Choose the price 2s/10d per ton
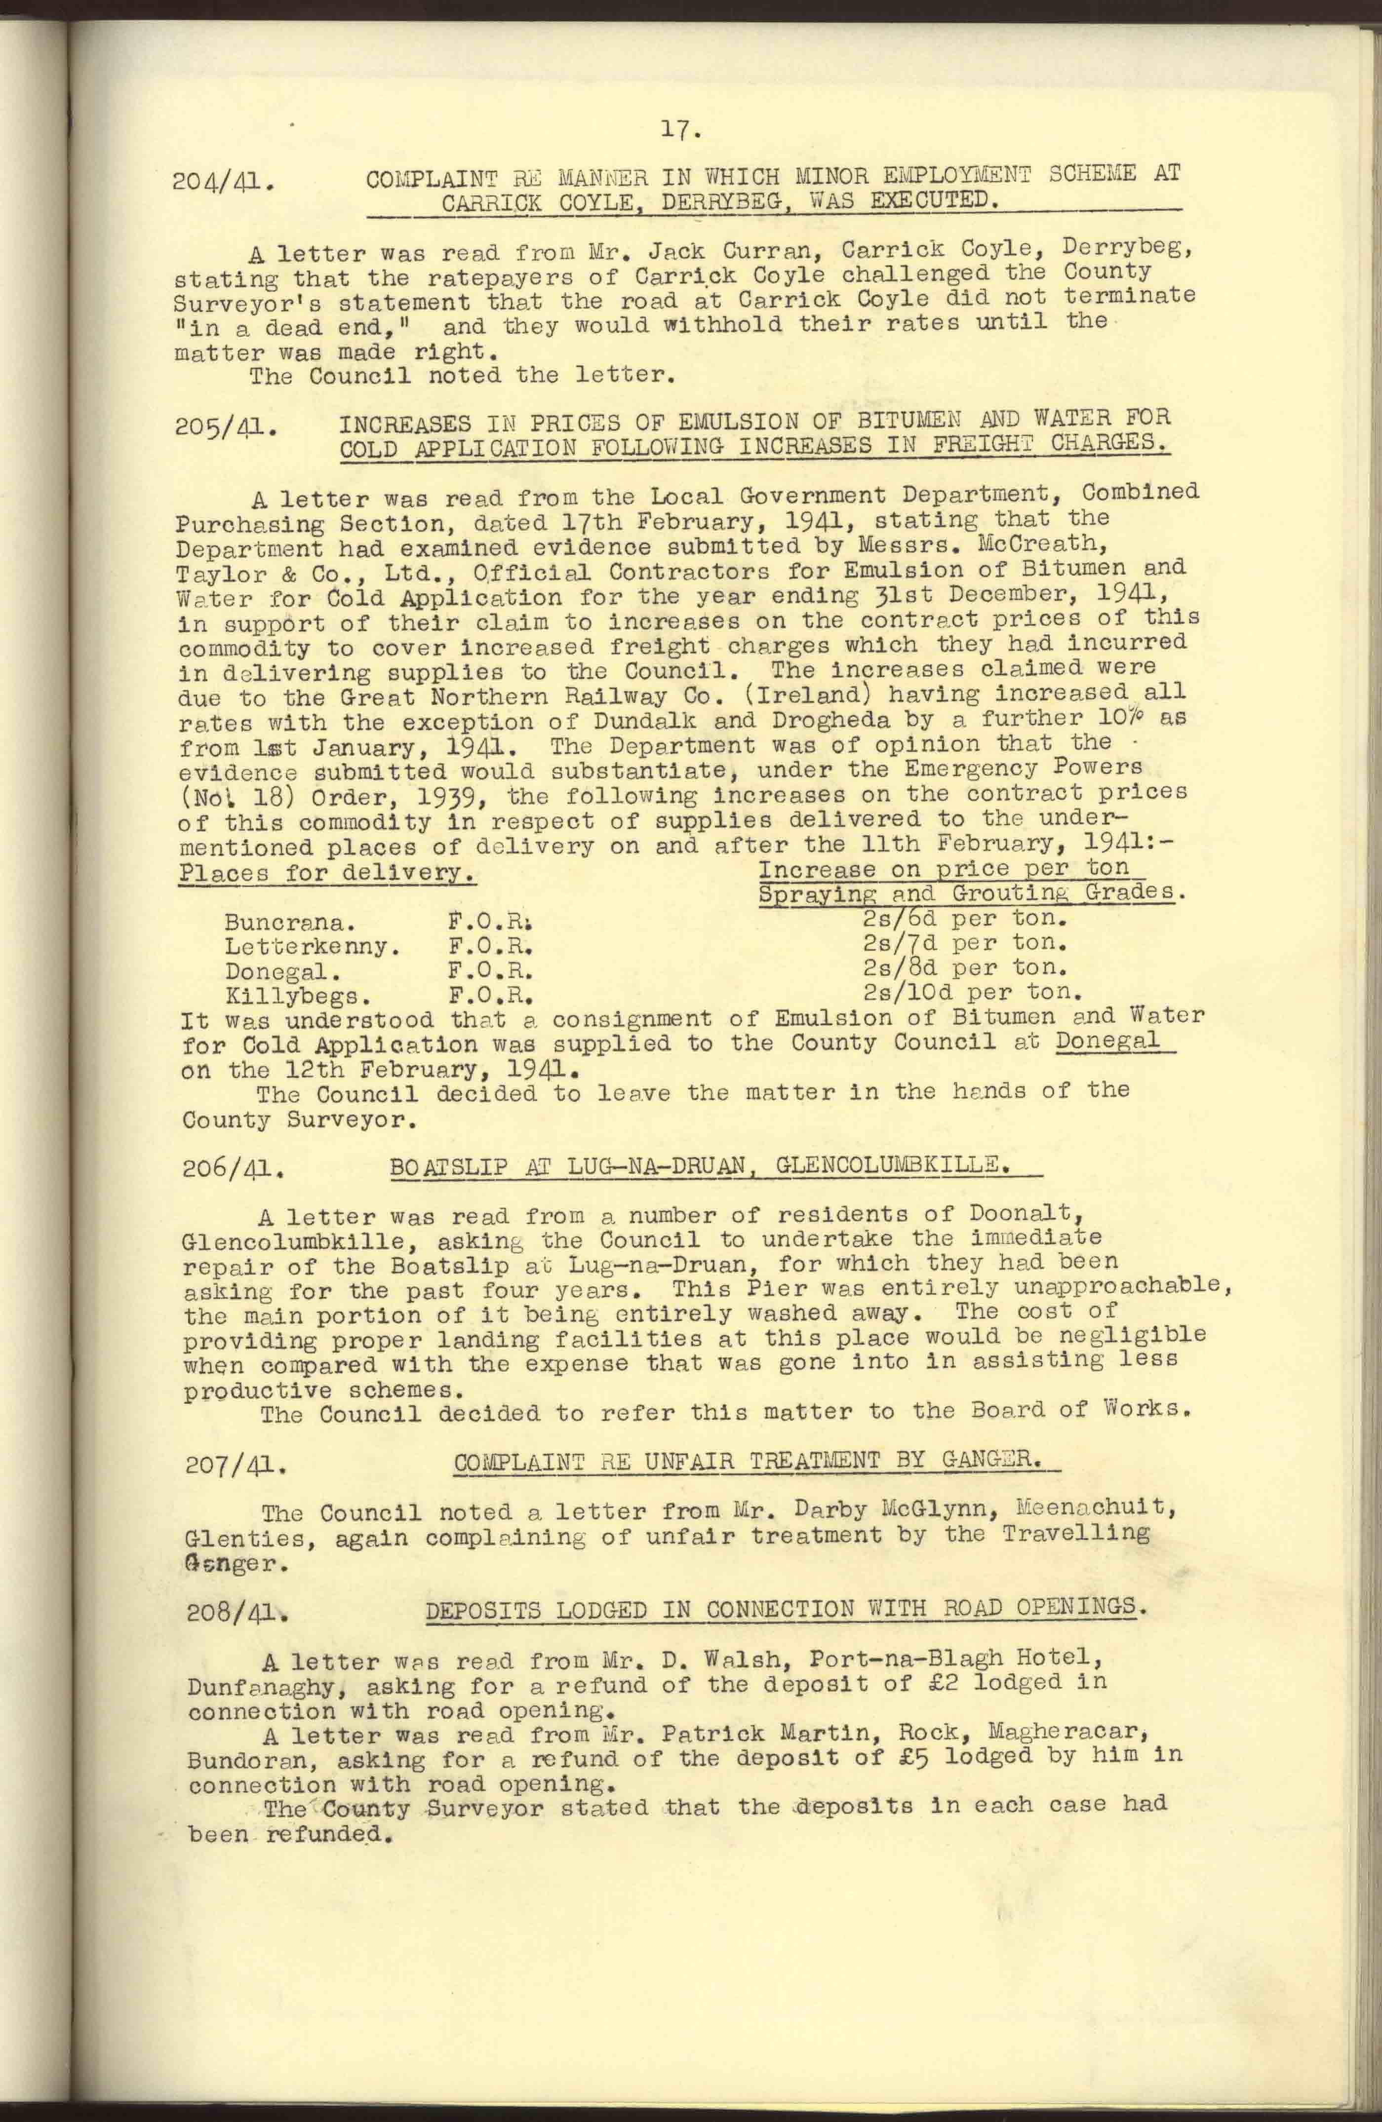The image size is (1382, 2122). [971, 992]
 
